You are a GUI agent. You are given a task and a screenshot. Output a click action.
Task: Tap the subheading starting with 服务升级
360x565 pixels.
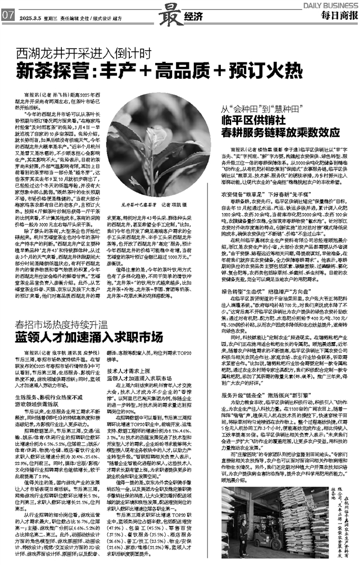click(257, 396)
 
